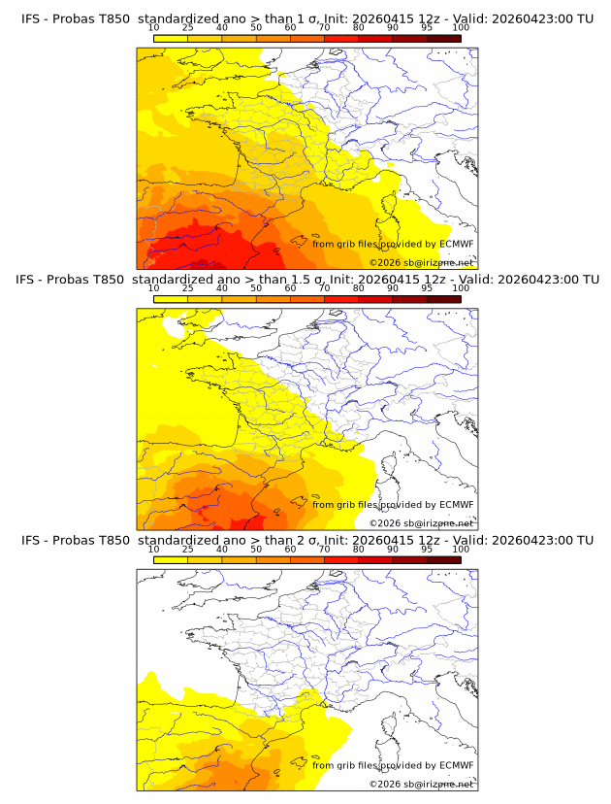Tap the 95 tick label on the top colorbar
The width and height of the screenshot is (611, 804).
coord(427,27)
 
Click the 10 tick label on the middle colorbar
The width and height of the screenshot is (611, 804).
coord(153,287)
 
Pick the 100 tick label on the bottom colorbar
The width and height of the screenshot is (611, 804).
coord(461,548)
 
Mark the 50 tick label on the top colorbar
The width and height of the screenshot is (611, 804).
coord(256,27)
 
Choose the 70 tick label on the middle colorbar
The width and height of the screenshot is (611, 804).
coord(324,287)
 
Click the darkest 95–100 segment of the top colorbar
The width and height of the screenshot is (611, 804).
coord(443,38)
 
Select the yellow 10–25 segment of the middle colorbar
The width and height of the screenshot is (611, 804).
coord(171,299)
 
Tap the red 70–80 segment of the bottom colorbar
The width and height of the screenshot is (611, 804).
coord(341,559)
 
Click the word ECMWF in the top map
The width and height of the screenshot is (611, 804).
coord(456,244)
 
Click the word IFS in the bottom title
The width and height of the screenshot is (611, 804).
coord(31,540)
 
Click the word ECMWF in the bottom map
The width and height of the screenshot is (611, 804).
coord(456,765)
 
